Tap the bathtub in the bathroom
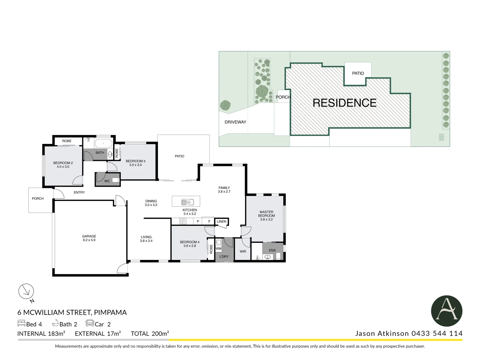tap(103, 144)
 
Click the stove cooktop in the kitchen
tap(183, 221)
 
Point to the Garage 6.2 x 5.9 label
tap(89, 238)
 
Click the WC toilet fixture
tap(115, 180)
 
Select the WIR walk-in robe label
tap(243, 251)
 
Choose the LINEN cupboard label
tap(221, 221)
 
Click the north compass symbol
tap(26, 292)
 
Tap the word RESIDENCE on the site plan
tap(345, 103)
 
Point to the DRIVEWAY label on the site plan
tap(235, 122)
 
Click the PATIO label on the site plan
tap(358, 73)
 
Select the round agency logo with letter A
tap(446, 311)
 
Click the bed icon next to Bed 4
tap(21, 324)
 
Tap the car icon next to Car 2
tap(90, 323)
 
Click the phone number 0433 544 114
tap(437, 333)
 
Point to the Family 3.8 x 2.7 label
tap(224, 190)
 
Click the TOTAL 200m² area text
tap(150, 333)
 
